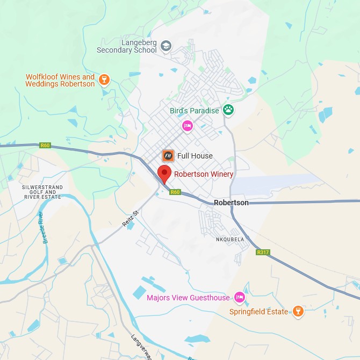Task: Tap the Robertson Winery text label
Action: pyautogui.click(x=204, y=174)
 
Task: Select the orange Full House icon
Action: pyautogui.click(x=168, y=156)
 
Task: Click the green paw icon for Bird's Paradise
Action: pyautogui.click(x=229, y=110)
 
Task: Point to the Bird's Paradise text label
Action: pyautogui.click(x=194, y=111)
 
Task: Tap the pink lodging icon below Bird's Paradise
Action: pyautogui.click(x=187, y=126)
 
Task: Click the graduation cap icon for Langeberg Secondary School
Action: pyautogui.click(x=166, y=46)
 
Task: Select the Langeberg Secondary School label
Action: pyautogui.click(x=126, y=46)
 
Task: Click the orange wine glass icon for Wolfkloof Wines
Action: pyautogui.click(x=104, y=81)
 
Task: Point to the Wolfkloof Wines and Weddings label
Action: pyautogui.click(x=60, y=81)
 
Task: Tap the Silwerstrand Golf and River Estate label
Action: pyautogui.click(x=42, y=192)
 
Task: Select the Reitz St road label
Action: pyautogui.click(x=131, y=219)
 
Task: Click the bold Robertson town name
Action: pyautogui.click(x=231, y=203)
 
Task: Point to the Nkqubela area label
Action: pyautogui.click(x=230, y=239)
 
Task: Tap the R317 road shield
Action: pyautogui.click(x=263, y=252)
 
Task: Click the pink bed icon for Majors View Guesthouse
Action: pyautogui.click(x=240, y=298)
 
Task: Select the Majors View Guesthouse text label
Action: pyautogui.click(x=188, y=298)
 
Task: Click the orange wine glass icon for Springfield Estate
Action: pyautogui.click(x=298, y=312)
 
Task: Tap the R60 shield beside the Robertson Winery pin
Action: pyautogui.click(x=174, y=192)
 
